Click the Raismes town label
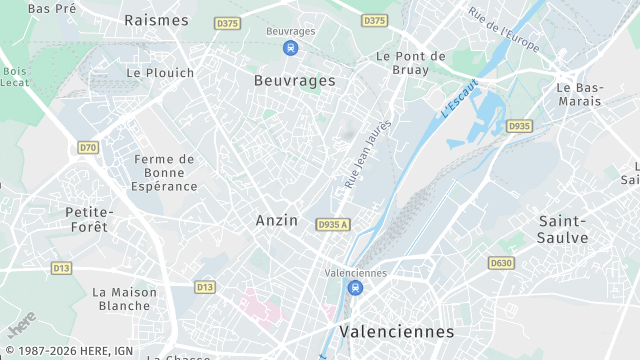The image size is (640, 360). (x=156, y=20)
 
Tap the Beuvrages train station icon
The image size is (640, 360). (x=290, y=47)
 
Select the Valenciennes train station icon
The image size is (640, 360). (x=355, y=288)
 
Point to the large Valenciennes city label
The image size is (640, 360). (x=396, y=331)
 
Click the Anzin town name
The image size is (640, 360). (x=277, y=220)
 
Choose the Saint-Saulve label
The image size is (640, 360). (x=563, y=229)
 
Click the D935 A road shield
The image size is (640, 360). (x=333, y=224)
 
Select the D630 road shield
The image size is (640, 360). (x=501, y=263)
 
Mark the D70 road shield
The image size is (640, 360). (x=89, y=147)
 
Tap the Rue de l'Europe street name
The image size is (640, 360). (x=504, y=30)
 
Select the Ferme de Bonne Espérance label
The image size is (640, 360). (x=164, y=172)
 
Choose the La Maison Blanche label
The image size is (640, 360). (x=124, y=299)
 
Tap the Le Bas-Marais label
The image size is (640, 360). (x=580, y=94)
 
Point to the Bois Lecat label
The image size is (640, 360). (x=15, y=77)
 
